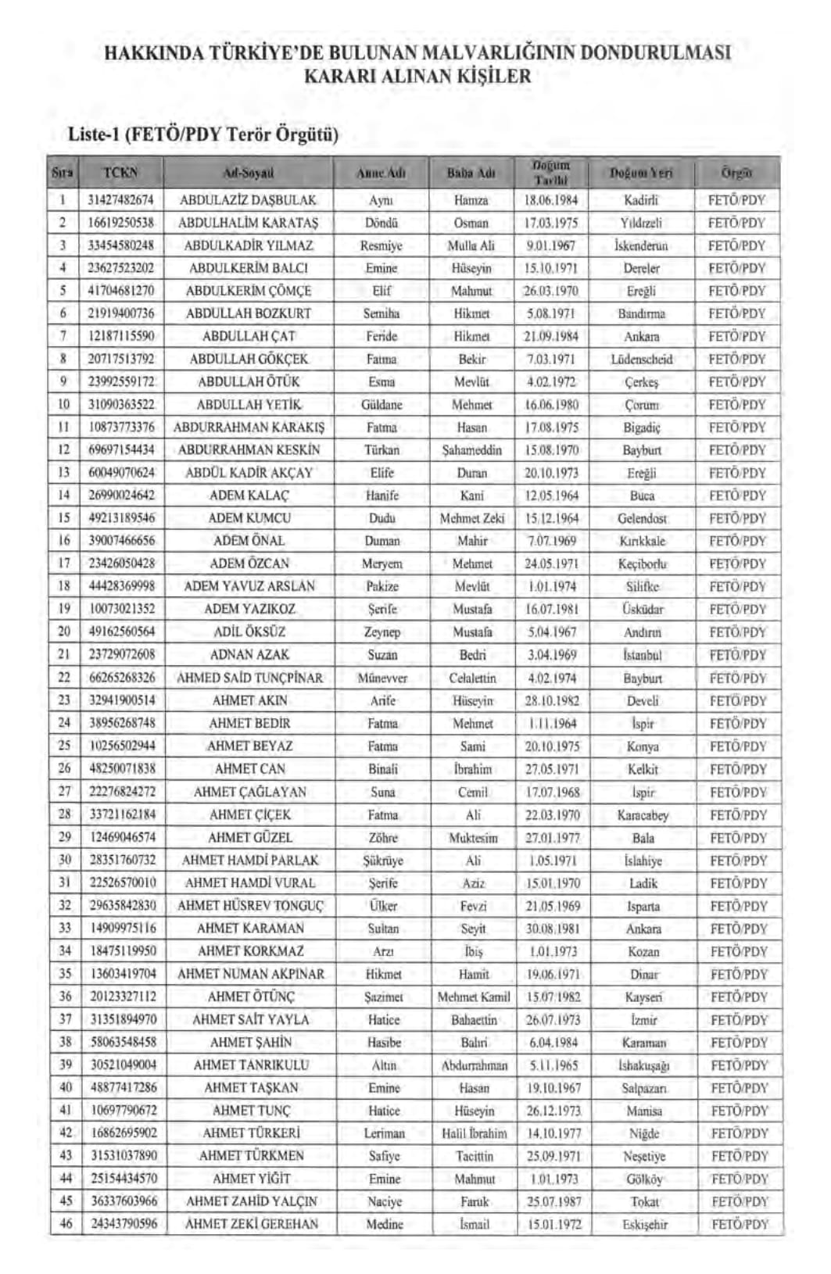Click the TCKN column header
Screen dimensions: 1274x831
[x=120, y=172]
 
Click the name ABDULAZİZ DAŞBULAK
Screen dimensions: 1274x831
[x=248, y=200]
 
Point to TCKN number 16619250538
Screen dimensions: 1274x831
[x=121, y=223]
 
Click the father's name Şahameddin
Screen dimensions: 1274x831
[x=471, y=450]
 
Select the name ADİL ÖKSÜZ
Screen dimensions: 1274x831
[x=249, y=632]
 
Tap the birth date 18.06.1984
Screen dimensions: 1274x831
[x=551, y=200]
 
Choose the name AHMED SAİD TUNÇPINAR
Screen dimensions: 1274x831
[x=249, y=678]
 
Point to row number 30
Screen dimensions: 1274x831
[x=65, y=860]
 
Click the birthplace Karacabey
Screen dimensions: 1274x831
[x=643, y=815]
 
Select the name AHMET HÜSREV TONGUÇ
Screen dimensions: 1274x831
[x=250, y=906]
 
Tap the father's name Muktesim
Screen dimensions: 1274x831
[x=473, y=838]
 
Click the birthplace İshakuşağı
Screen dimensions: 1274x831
[x=643, y=1065]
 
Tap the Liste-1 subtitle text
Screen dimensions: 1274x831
[x=203, y=134]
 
